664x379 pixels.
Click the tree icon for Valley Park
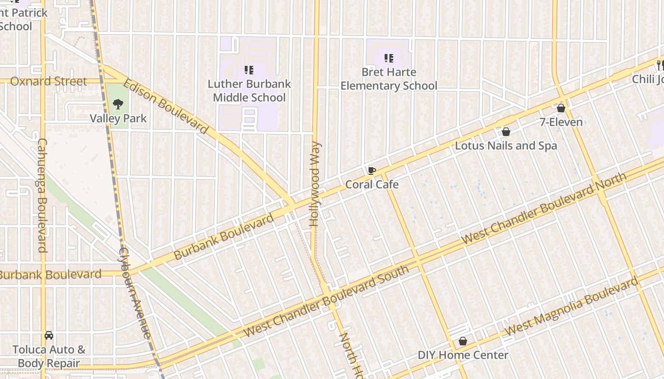tap(118, 104)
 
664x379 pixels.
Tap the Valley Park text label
tap(118, 118)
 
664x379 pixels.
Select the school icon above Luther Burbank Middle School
tap(249, 70)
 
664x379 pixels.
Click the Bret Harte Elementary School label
tap(388, 79)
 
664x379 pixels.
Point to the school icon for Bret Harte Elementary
tap(389, 58)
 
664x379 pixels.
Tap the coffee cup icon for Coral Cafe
tap(372, 171)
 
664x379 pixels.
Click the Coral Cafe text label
tap(372, 184)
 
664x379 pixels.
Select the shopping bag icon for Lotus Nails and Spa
tap(506, 132)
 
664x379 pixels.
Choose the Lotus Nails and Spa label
tap(506, 145)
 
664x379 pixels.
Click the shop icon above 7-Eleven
tap(561, 108)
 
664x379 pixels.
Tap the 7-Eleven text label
tap(561, 122)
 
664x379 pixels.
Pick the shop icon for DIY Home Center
tap(463, 341)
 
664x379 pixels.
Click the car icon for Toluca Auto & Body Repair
tap(49, 335)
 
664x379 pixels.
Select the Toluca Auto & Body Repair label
tap(49, 356)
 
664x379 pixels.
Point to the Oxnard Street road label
tap(48, 81)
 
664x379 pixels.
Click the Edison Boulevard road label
tap(166, 107)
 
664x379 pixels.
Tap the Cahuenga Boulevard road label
tap(42, 195)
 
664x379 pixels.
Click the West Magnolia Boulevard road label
tap(571, 307)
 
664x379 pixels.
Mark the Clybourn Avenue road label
tap(135, 293)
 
